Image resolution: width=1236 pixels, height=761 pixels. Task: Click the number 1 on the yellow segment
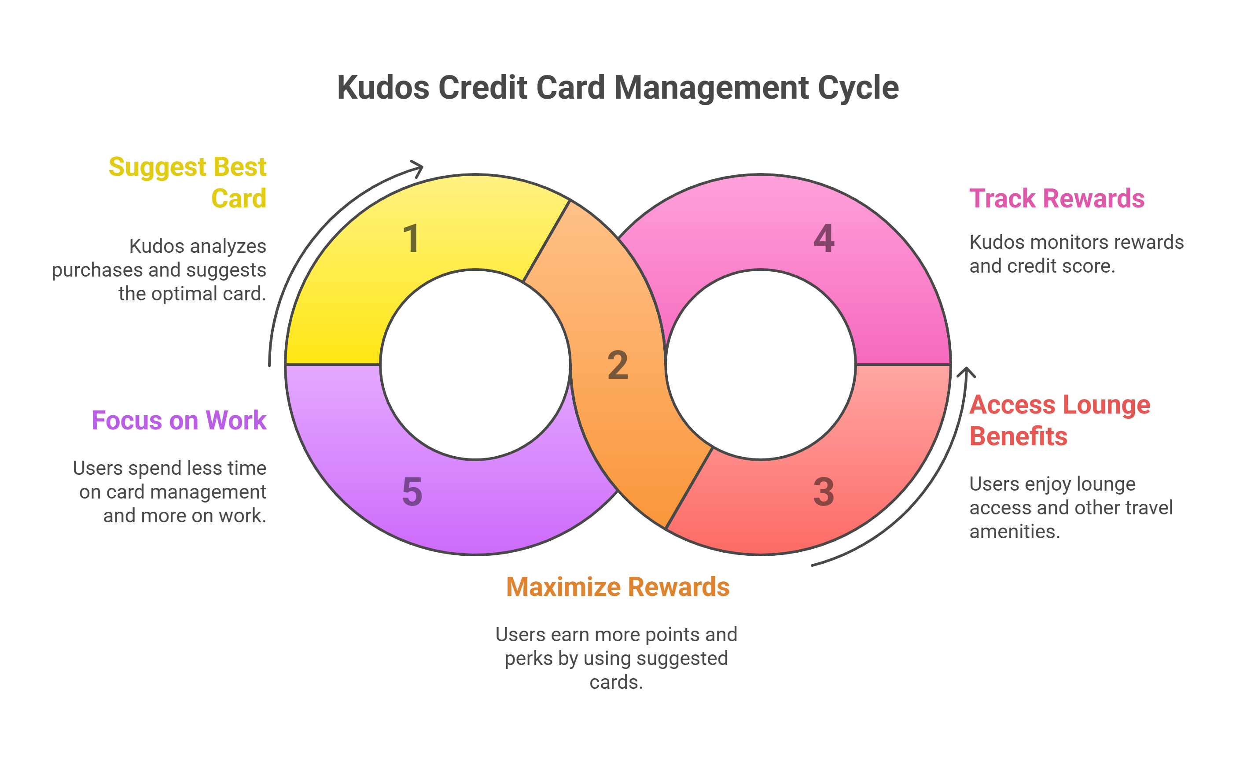tap(411, 239)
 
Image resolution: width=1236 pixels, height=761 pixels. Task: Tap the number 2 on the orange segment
tap(618, 365)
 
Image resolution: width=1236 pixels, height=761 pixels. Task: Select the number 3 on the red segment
tap(824, 492)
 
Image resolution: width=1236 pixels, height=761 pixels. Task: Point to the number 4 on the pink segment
tap(824, 239)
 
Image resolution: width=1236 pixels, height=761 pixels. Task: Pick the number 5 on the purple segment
tap(412, 492)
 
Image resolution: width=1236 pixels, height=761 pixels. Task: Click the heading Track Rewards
tap(1056, 198)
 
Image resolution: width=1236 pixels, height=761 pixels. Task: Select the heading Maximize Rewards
tap(617, 587)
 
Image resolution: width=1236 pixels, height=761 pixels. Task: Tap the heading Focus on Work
tap(179, 420)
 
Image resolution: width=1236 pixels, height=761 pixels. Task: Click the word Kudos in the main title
tap(383, 88)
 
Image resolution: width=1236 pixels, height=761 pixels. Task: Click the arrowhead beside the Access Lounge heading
tap(966, 373)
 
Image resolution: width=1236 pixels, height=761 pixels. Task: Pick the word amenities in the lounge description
tap(1014, 532)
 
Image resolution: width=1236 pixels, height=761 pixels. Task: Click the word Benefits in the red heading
tap(1018, 436)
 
